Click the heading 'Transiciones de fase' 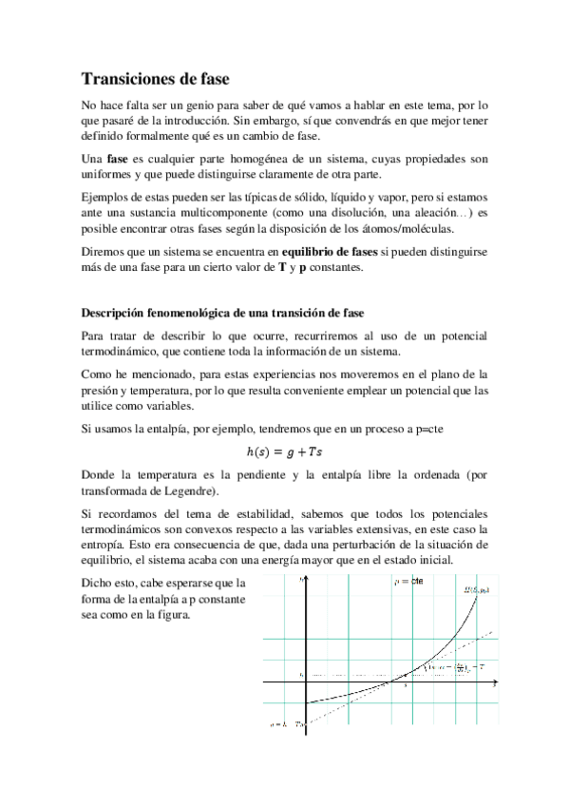[155, 79]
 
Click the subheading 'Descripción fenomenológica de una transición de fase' [223, 313]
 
